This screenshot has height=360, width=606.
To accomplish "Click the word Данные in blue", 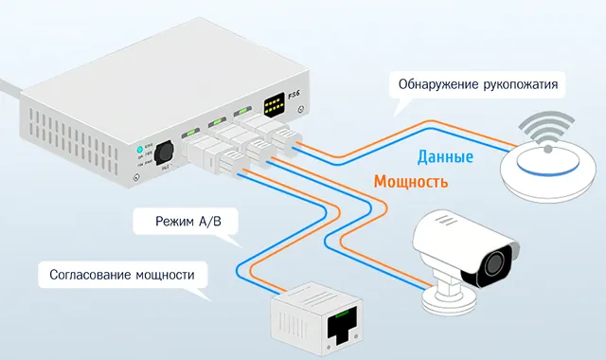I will (444, 157).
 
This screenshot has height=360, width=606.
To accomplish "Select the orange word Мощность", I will (411, 180).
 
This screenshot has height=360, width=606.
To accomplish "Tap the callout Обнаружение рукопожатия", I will (483, 86).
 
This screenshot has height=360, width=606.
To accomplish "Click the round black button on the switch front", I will (164, 154).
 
